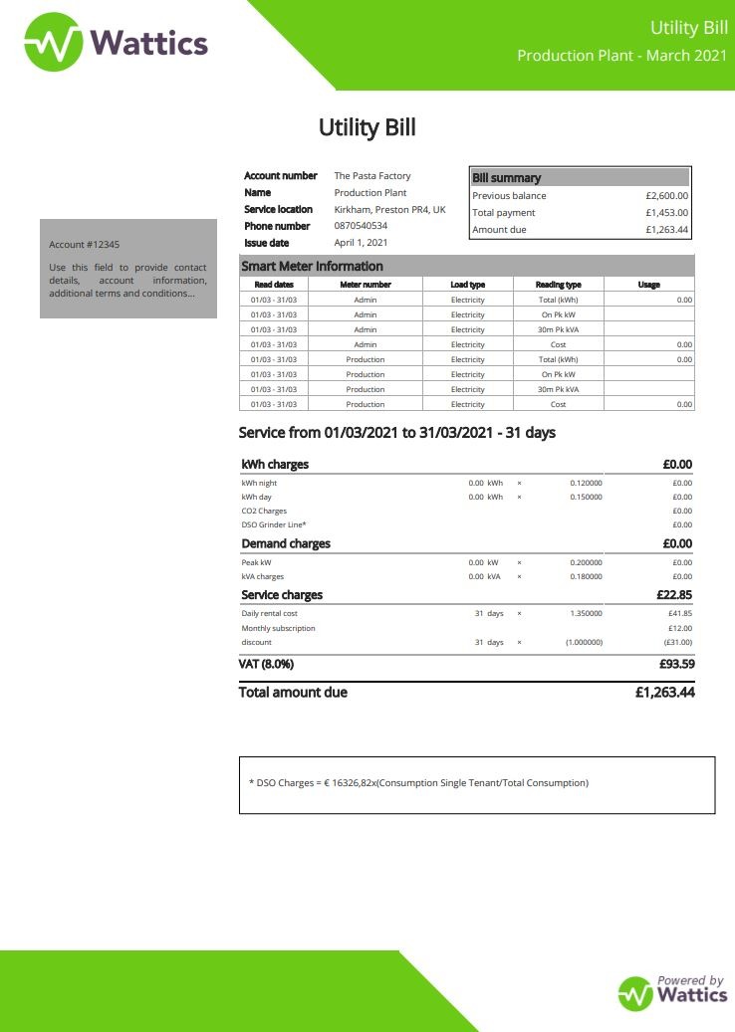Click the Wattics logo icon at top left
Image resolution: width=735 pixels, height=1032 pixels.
click(x=54, y=42)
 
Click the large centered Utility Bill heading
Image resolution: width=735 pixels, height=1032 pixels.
click(x=367, y=127)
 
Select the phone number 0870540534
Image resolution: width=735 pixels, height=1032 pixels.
click(x=361, y=226)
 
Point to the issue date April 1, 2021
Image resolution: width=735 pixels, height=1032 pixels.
click(x=361, y=243)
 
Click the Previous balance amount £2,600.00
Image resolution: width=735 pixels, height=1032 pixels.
click(x=666, y=196)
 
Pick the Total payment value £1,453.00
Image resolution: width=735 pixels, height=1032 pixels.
click(x=666, y=213)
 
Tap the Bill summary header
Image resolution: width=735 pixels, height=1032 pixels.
click(x=507, y=178)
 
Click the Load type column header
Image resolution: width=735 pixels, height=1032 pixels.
click(x=467, y=285)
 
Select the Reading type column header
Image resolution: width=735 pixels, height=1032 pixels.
click(x=558, y=285)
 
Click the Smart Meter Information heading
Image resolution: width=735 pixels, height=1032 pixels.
click(x=312, y=267)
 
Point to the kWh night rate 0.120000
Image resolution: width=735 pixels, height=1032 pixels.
click(x=586, y=483)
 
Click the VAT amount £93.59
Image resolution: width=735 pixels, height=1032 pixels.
click(x=676, y=664)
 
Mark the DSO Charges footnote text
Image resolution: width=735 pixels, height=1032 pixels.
click(x=418, y=783)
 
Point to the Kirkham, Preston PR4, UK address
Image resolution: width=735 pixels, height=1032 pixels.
click(x=389, y=209)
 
